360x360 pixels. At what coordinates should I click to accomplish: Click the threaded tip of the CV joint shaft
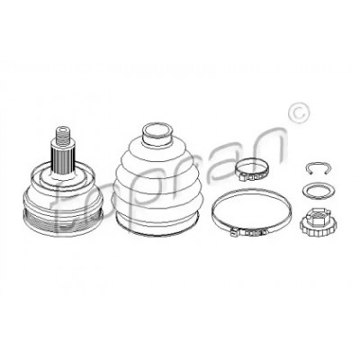(x=62, y=137)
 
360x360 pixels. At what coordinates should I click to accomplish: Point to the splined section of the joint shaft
(x=63, y=158)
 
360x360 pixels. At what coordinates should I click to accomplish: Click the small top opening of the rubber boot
(x=157, y=132)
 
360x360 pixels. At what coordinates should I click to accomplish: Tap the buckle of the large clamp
(x=248, y=232)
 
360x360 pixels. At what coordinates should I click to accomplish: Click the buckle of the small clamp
(x=248, y=178)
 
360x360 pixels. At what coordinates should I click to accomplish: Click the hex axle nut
(x=317, y=222)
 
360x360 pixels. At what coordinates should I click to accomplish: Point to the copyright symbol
(x=298, y=112)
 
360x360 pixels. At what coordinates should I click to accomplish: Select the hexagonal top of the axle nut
(x=317, y=213)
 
